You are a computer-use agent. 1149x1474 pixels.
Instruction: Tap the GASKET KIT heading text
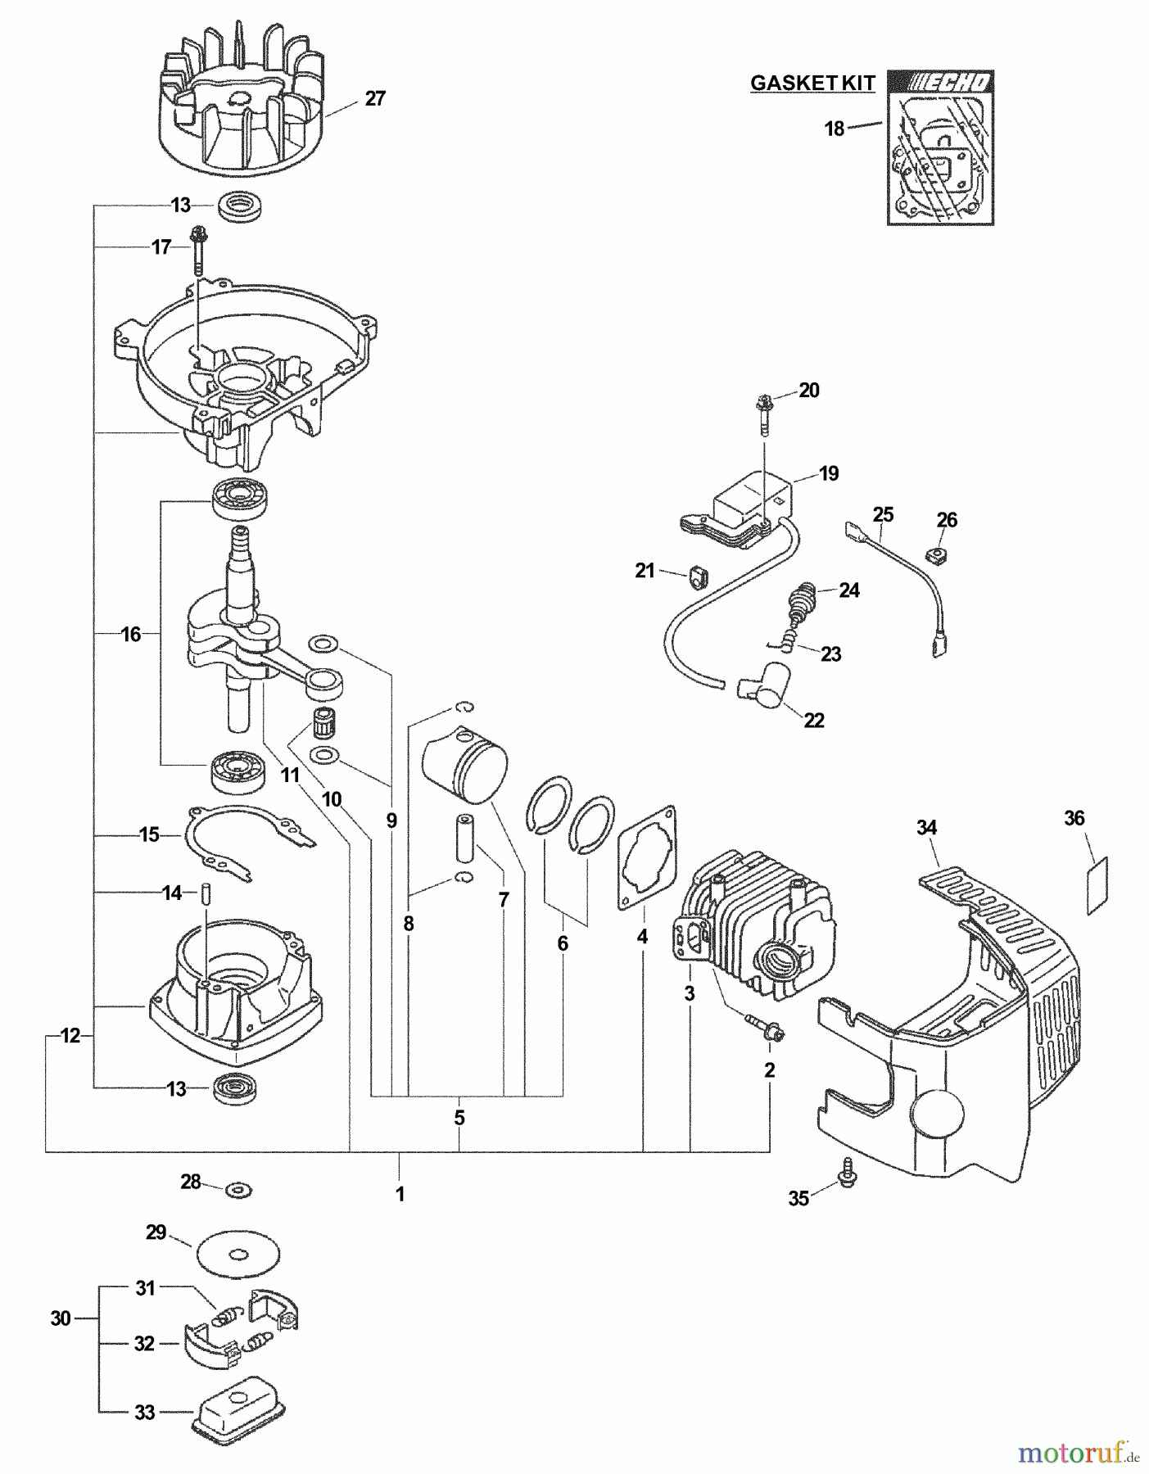click(812, 83)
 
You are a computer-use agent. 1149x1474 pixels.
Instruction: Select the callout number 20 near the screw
click(808, 391)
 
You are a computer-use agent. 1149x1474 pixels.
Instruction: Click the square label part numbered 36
click(1097, 885)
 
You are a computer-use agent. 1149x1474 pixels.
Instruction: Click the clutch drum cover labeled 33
click(240, 1406)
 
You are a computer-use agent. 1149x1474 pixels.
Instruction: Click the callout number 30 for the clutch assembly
click(61, 1318)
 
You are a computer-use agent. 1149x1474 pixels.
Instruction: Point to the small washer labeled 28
click(239, 1188)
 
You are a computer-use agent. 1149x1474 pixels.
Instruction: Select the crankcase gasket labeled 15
click(246, 843)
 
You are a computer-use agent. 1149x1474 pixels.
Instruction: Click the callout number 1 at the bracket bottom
click(400, 1195)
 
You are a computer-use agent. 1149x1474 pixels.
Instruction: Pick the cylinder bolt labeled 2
click(764, 1029)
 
